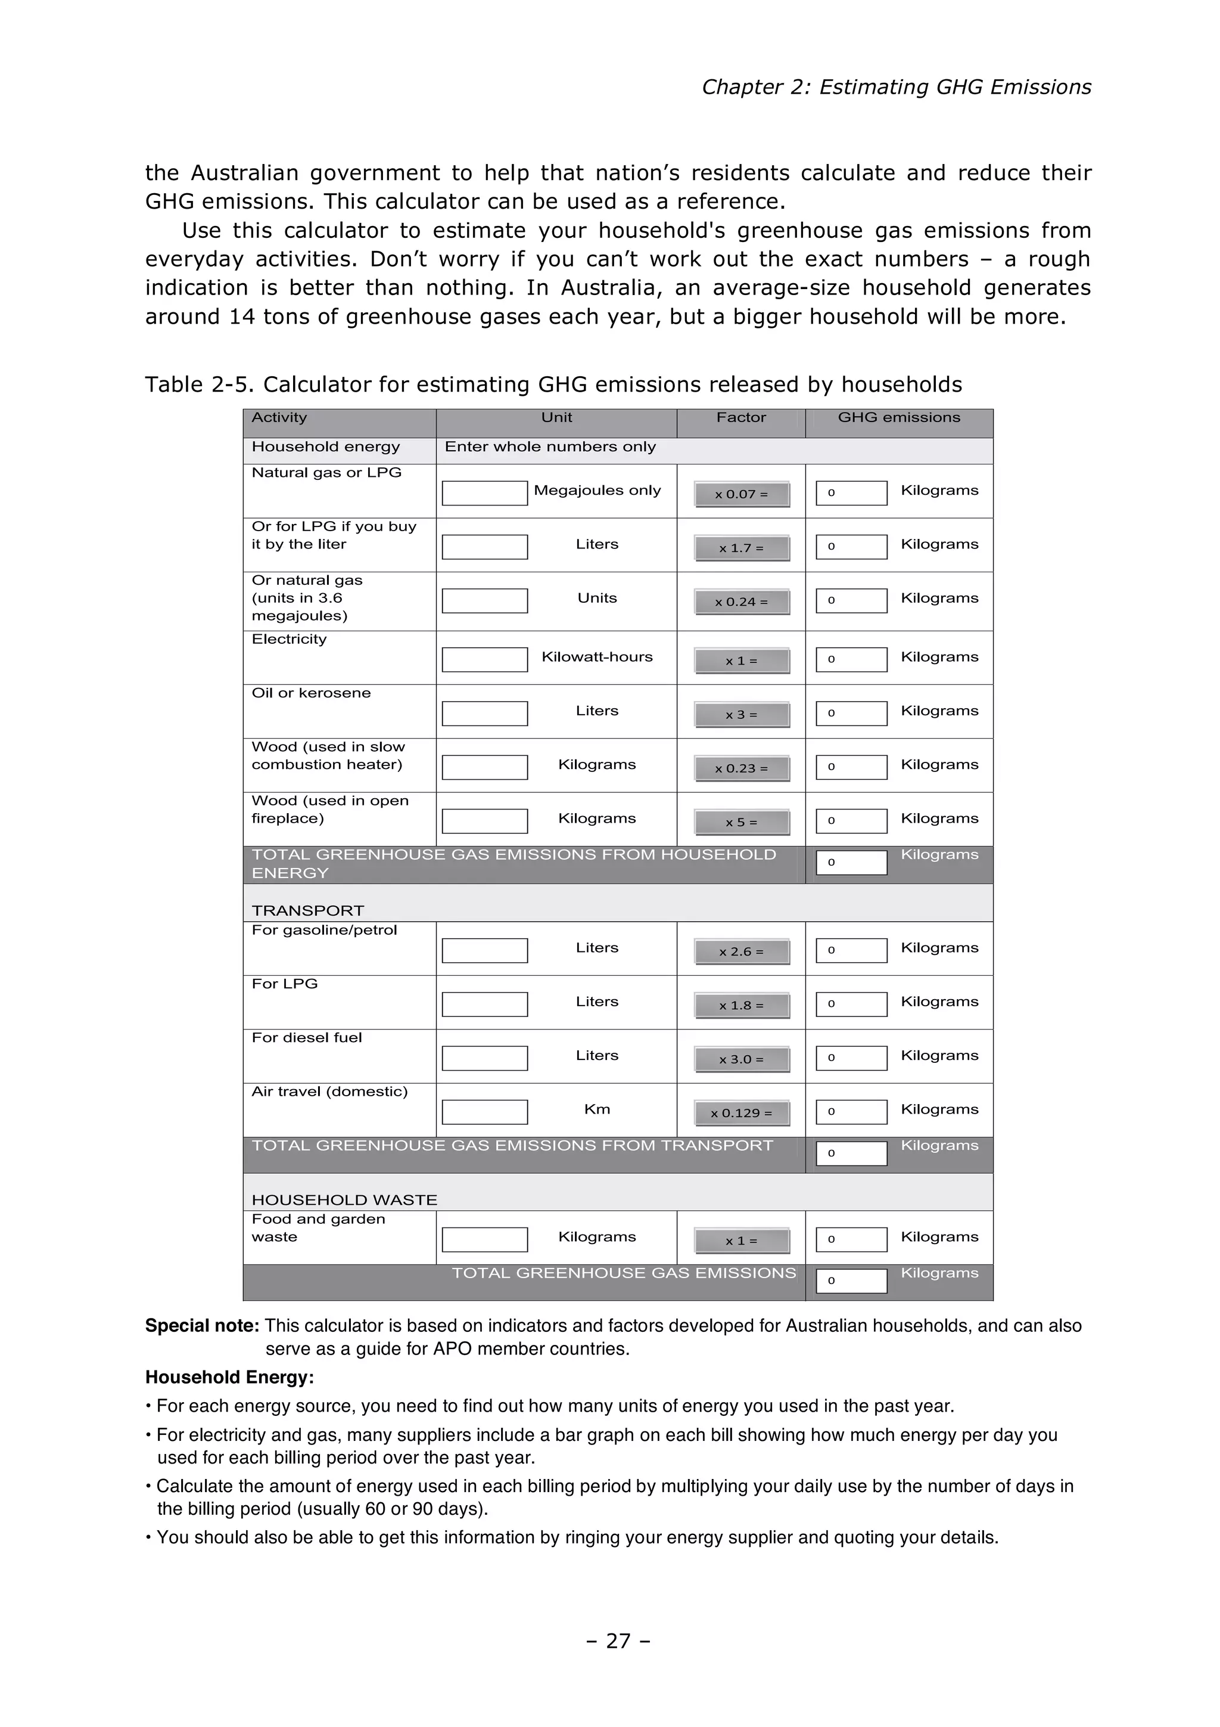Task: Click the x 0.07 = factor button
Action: pyautogui.click(x=742, y=494)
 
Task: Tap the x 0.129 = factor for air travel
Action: pyautogui.click(x=742, y=1113)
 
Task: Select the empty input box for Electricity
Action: pyautogui.click(x=484, y=660)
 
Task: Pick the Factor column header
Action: pyautogui.click(x=740, y=417)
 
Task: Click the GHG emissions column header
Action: pyautogui.click(x=898, y=417)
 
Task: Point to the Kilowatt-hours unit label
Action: pyautogui.click(x=597, y=657)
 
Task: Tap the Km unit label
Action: pyautogui.click(x=597, y=1109)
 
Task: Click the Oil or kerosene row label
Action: pyautogui.click(x=310, y=693)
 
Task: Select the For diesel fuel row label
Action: pyautogui.click(x=306, y=1038)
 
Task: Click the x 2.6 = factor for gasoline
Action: pyautogui.click(x=742, y=951)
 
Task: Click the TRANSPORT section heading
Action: pyautogui.click(x=307, y=910)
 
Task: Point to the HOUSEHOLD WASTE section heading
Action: pyautogui.click(x=344, y=1200)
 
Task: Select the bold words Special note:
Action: pyautogui.click(x=201, y=1325)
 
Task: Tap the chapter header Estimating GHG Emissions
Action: pyautogui.click(x=895, y=87)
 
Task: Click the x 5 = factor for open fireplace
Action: pyautogui.click(x=742, y=822)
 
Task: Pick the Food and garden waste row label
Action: pyautogui.click(x=318, y=1227)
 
